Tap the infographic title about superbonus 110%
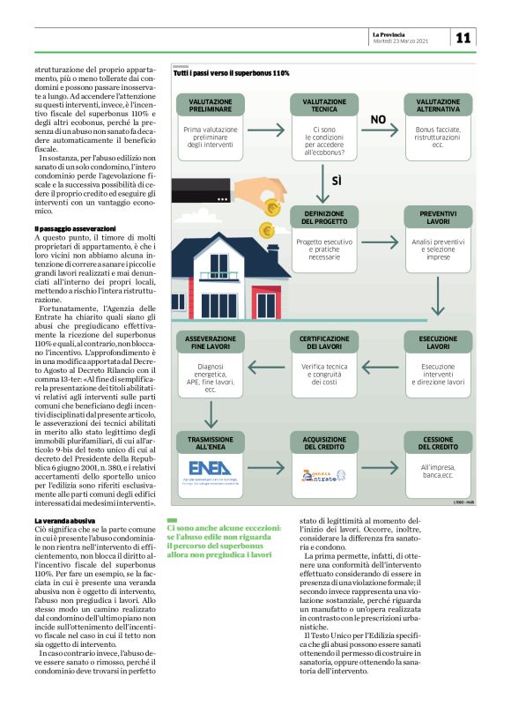pyautogui.click(x=232, y=73)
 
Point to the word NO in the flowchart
pyautogui.click(x=377, y=119)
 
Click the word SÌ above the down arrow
pyautogui.click(x=336, y=181)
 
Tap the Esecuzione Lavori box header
pyautogui.click(x=437, y=342)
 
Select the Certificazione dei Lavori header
pyautogui.click(x=324, y=342)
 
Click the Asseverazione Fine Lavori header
pyautogui.click(x=210, y=342)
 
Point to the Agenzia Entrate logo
pyautogui.click(x=324, y=476)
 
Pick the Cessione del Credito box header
pyautogui.click(x=437, y=442)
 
